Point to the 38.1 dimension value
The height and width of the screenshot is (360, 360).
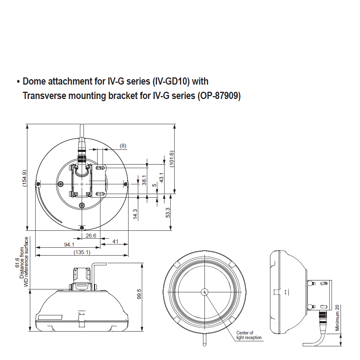click(x=144, y=180)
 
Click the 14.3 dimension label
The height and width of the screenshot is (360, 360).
click(x=135, y=214)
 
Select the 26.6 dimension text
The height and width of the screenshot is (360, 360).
click(x=91, y=236)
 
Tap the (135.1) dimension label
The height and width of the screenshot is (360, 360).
click(x=82, y=252)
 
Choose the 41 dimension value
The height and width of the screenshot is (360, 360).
click(x=115, y=242)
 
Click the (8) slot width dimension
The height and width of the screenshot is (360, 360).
click(x=123, y=146)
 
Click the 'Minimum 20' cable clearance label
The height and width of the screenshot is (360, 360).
click(x=337, y=318)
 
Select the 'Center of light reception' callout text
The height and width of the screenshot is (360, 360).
click(x=249, y=335)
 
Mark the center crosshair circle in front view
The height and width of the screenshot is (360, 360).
click(x=204, y=292)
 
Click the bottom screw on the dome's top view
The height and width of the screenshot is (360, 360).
click(x=82, y=228)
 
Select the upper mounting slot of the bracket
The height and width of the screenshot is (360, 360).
click(x=101, y=167)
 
